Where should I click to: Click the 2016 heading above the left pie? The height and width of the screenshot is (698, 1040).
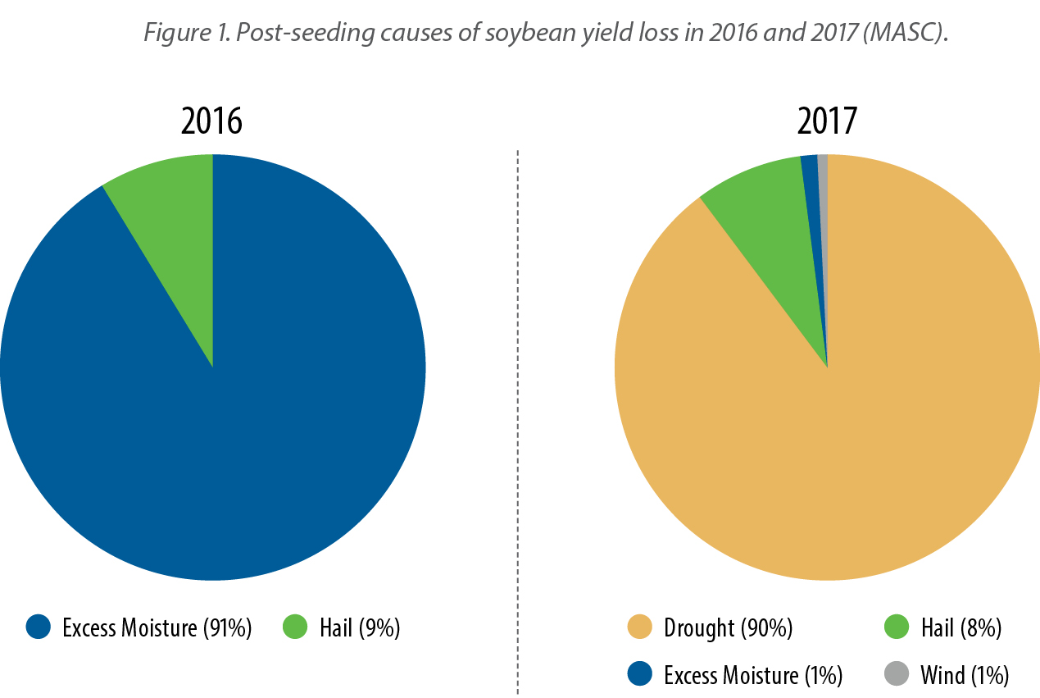point(212,121)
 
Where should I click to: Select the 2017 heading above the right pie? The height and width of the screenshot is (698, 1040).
point(827,121)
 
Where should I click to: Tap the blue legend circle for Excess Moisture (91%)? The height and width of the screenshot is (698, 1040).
point(39,627)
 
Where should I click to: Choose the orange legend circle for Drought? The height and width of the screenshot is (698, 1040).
point(639,627)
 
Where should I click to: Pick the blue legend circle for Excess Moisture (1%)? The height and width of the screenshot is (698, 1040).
point(639,674)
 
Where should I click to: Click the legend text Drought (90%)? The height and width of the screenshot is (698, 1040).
point(729,628)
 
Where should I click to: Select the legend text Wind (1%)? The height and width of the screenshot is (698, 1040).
point(965,675)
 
